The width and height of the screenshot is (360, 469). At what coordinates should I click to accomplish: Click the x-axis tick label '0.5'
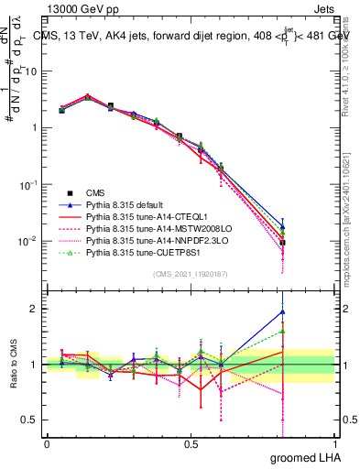pyautogui.click(x=191, y=442)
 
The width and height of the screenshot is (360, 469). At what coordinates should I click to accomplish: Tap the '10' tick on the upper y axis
pyautogui.click(x=33, y=71)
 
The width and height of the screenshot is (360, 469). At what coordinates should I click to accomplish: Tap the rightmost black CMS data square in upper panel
pyautogui.click(x=283, y=243)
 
